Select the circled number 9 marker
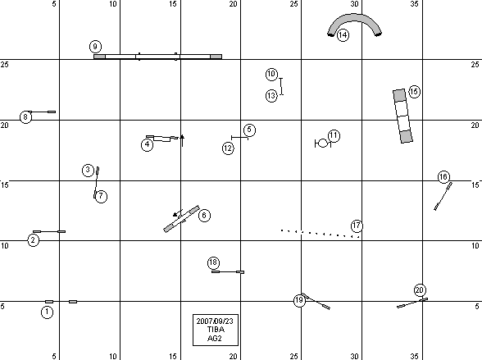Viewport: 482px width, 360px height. pyautogui.click(x=95, y=47)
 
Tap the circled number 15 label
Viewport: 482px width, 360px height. pyautogui.click(x=415, y=92)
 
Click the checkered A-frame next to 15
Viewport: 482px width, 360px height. pyautogui.click(x=402, y=116)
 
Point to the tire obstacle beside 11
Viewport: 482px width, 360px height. pyautogui.click(x=323, y=144)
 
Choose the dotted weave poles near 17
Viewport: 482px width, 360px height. pyautogui.click(x=321, y=234)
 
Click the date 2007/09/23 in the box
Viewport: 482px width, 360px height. pyautogui.click(x=215, y=321)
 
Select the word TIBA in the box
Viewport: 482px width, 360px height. pyautogui.click(x=216, y=330)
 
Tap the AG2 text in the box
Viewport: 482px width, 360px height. pyautogui.click(x=215, y=338)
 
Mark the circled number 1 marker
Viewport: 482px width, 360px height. pyautogui.click(x=47, y=312)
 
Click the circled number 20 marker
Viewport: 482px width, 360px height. pyautogui.click(x=420, y=290)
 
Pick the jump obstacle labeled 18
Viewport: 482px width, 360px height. pyautogui.click(x=228, y=271)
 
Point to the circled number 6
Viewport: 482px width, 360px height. pyautogui.click(x=204, y=215)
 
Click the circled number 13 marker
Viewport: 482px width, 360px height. pyautogui.click(x=271, y=96)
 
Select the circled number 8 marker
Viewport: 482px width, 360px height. pyautogui.click(x=25, y=117)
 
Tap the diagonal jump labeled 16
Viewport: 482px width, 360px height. pyautogui.click(x=443, y=197)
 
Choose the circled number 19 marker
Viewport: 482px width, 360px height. pyautogui.click(x=300, y=300)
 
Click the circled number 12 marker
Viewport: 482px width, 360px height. pyautogui.click(x=228, y=148)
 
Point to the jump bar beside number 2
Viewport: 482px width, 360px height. pyautogui.click(x=49, y=231)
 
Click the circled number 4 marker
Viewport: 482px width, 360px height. pyautogui.click(x=148, y=144)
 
